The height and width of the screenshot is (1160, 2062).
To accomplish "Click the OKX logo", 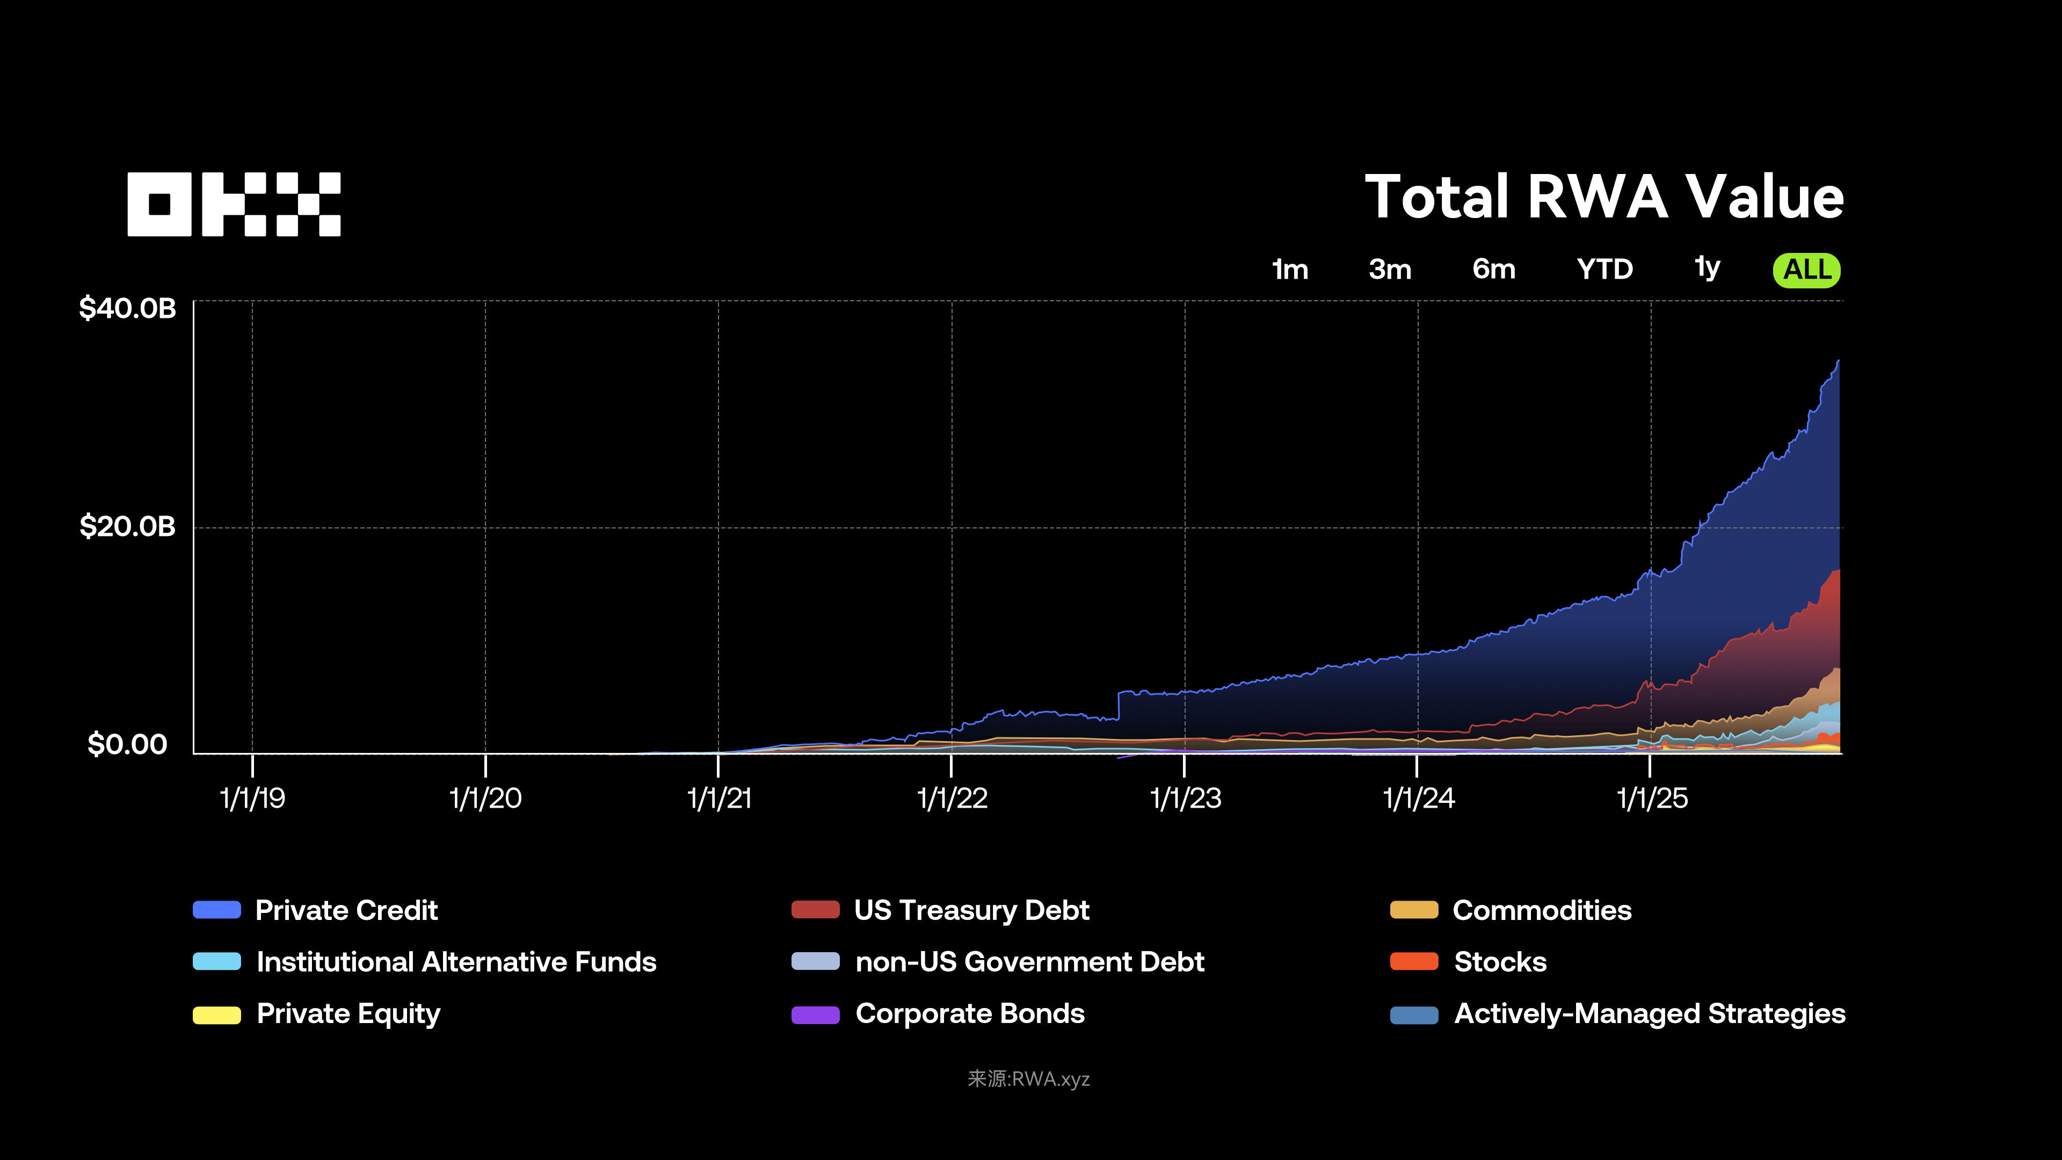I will pos(234,204).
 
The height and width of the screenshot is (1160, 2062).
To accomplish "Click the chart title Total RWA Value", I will pos(1603,197).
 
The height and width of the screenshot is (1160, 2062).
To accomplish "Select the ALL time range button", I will pos(1806,270).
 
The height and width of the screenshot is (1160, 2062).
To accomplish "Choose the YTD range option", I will pos(1604,270).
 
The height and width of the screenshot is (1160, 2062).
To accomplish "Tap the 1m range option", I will pos(1289,270).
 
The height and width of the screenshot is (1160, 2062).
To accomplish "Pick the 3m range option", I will pos(1390,270).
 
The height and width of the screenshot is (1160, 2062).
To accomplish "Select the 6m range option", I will pos(1494,270).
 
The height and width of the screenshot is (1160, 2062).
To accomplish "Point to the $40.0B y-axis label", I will pos(127,308).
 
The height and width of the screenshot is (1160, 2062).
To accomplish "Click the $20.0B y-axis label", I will pos(127,527).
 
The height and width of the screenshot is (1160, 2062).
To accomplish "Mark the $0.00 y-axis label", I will pos(127,744).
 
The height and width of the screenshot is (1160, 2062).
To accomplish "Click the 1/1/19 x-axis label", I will pos(252,798).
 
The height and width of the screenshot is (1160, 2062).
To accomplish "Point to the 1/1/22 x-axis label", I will pos(952,798).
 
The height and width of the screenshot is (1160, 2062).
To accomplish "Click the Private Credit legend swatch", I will pos(217,910).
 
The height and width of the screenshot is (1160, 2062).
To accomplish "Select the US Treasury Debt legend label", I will pos(971,910).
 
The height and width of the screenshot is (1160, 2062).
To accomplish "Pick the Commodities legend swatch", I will pos(1414,910).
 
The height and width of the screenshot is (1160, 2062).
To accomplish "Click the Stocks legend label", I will pos(1500,961).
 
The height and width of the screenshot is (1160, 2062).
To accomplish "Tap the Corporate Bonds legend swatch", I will pos(815,1014).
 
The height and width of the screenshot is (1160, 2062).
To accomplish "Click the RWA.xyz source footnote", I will pos(1029,1079).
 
